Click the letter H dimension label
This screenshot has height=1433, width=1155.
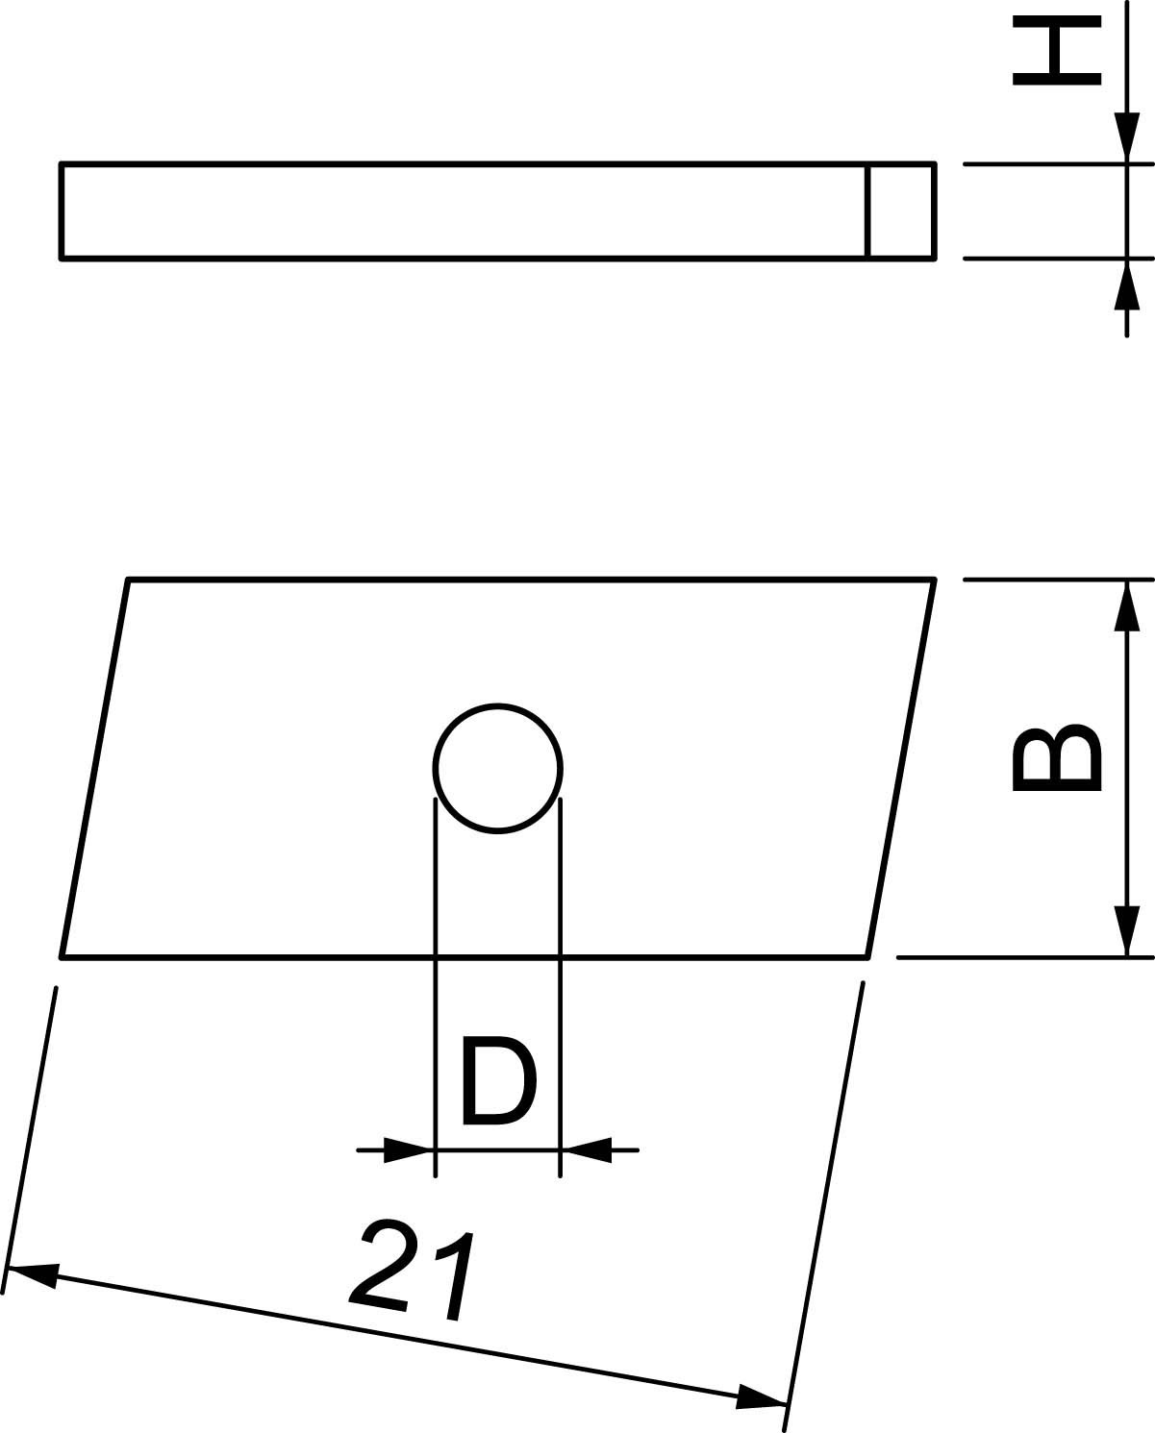click(x=1056, y=50)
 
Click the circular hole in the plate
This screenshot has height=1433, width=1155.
click(x=498, y=768)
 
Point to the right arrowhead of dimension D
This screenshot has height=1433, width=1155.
click(x=586, y=1150)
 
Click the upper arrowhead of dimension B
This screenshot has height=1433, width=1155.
click(x=1126, y=605)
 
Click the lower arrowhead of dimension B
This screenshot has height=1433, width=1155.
click(x=1126, y=931)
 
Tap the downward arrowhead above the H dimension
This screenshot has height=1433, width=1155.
click(x=1126, y=137)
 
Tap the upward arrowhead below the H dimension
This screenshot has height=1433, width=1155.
click(x=1126, y=284)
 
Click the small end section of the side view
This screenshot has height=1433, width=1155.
click(x=901, y=210)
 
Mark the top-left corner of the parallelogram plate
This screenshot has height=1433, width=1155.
click(x=127, y=580)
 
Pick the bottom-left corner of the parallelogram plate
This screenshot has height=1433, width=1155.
click(x=62, y=957)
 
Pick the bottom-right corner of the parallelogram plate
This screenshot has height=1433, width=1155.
click(x=868, y=957)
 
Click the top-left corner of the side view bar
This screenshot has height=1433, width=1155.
click(x=61, y=163)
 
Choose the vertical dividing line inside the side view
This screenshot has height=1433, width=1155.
click(x=867, y=210)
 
